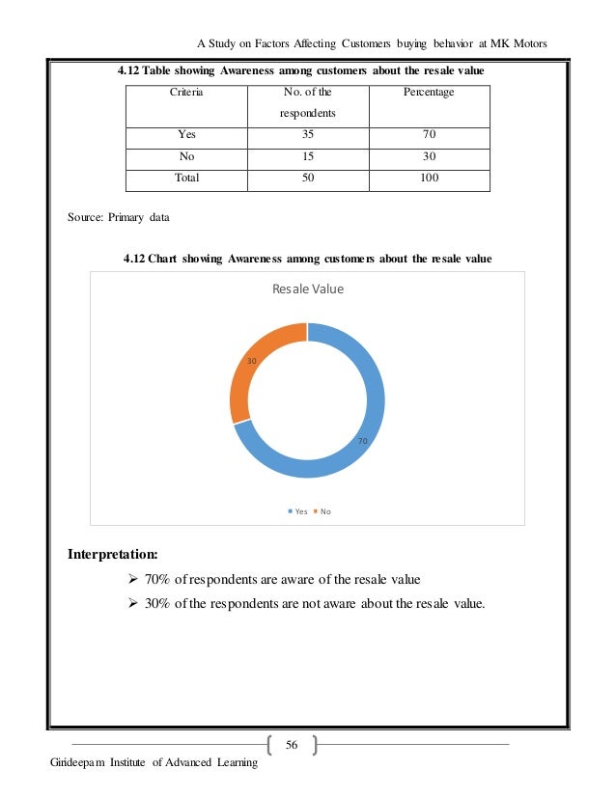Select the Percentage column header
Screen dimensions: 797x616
pos(432,92)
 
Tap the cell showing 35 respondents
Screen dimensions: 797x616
pos(307,135)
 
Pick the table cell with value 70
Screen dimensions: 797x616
pos(432,135)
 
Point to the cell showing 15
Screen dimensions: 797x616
pos(307,157)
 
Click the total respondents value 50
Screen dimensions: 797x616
pos(307,179)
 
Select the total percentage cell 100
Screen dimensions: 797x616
pos(432,179)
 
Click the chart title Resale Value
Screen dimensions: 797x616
pos(308,289)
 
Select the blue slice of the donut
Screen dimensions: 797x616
pos(357,444)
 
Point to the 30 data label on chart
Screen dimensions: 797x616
pos(251,361)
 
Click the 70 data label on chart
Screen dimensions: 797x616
pos(363,440)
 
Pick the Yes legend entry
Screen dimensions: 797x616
pos(297,511)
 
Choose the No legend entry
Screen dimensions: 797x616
pos(322,511)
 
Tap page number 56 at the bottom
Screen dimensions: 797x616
pos(293,744)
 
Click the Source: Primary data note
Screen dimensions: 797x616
pos(118,218)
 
